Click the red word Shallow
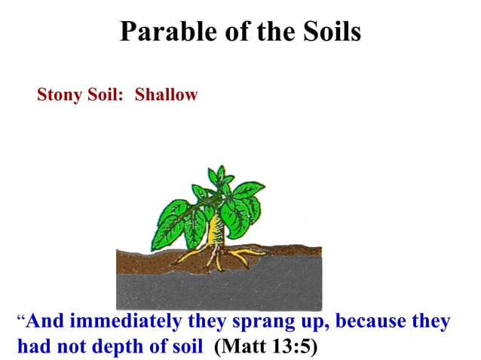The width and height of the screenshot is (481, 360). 166,96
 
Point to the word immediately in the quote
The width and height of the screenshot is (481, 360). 128,322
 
